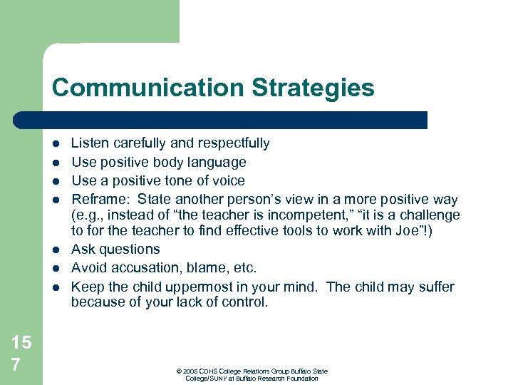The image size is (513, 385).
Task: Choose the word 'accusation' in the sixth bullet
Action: coord(147,268)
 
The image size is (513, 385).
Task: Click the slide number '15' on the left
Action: coord(21,343)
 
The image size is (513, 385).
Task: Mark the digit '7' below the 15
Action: coord(16,365)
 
